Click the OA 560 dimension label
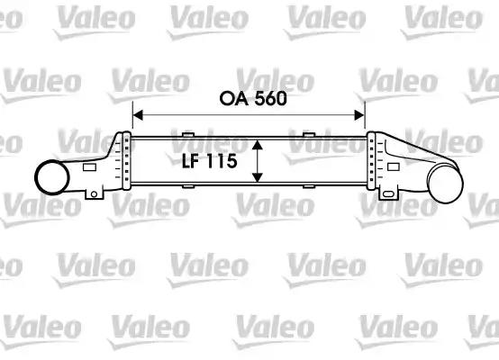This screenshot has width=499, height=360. click(253, 99)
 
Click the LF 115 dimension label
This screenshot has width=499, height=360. click(209, 161)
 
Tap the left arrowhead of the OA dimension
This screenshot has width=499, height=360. click(138, 115)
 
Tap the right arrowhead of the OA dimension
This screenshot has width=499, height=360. click(359, 115)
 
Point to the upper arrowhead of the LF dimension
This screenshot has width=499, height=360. click(257, 145)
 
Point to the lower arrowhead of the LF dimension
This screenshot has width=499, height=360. click(257, 177)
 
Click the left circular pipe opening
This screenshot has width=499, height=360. click(52, 177)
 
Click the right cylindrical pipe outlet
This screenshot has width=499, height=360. click(446, 182)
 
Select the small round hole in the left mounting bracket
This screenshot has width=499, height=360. click(94, 194)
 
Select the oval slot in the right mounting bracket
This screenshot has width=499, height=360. click(388, 194)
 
